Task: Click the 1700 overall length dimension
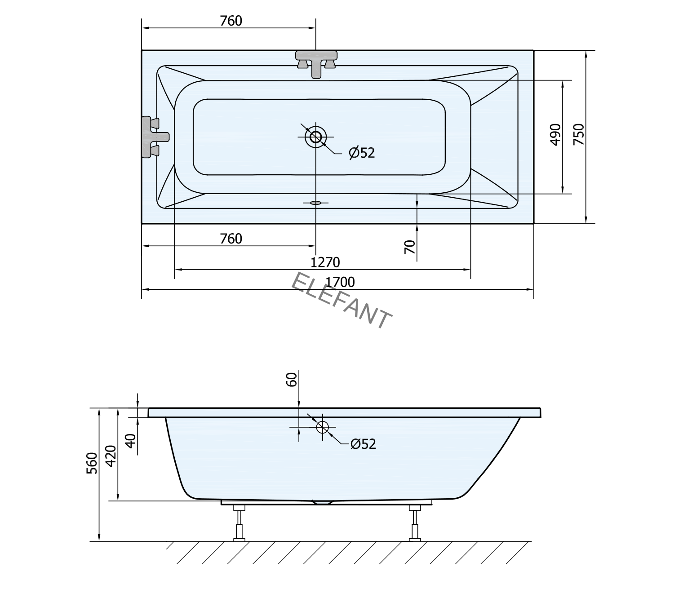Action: (340, 282)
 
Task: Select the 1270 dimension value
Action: (325, 262)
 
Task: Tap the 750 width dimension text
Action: (579, 134)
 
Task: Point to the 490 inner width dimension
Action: (555, 134)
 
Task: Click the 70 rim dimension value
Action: (410, 247)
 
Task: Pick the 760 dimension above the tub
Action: (231, 21)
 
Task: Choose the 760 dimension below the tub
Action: (231, 239)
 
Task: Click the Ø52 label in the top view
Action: (362, 153)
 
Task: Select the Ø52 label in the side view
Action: (363, 444)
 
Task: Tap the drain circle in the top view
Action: (316, 136)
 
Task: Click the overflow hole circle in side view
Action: (323, 427)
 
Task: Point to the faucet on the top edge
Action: (316, 62)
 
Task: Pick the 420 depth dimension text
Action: (111, 456)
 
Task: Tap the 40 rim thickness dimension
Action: (130, 441)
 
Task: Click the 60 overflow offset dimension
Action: (292, 380)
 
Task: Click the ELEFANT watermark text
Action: (341, 300)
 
